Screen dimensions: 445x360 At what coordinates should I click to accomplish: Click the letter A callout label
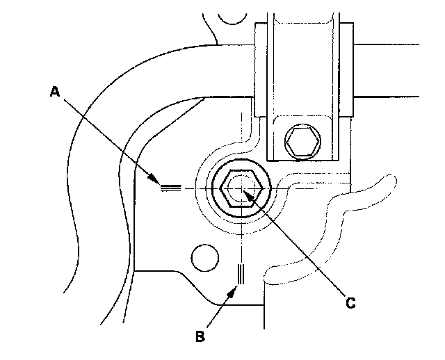tap(55, 92)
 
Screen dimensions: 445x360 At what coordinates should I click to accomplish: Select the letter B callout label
tap(200, 336)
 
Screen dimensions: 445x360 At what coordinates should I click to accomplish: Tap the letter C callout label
tap(350, 303)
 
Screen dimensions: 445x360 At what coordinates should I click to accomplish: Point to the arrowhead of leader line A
tap(154, 179)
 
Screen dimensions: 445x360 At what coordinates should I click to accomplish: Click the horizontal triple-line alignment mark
tap(171, 188)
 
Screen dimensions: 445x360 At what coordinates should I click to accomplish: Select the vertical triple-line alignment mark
tap(241, 274)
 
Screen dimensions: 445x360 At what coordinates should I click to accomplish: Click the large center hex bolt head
tap(241, 188)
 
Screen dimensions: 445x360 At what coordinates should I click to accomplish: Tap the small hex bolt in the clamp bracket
tap(303, 142)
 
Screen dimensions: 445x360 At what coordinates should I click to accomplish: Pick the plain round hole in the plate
tap(205, 258)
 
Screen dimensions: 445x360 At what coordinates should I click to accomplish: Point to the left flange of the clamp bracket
tap(261, 69)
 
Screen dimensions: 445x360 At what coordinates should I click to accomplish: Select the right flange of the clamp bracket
tap(346, 69)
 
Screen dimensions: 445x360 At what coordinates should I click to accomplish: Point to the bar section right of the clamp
tap(387, 71)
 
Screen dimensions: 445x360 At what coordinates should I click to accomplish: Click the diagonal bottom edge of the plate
tap(197, 288)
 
